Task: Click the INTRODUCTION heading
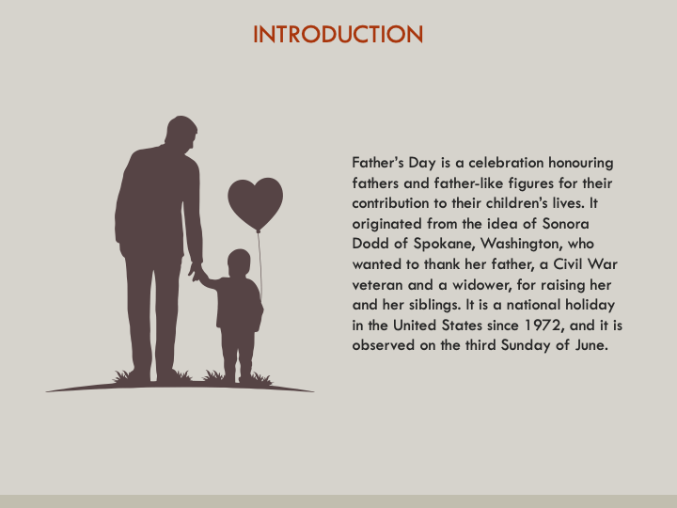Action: click(338, 35)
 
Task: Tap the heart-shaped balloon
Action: click(255, 201)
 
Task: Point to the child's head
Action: click(239, 262)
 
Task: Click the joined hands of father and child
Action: click(197, 273)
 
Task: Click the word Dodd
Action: click(370, 243)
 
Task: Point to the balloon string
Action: click(260, 268)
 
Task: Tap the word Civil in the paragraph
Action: click(570, 263)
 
